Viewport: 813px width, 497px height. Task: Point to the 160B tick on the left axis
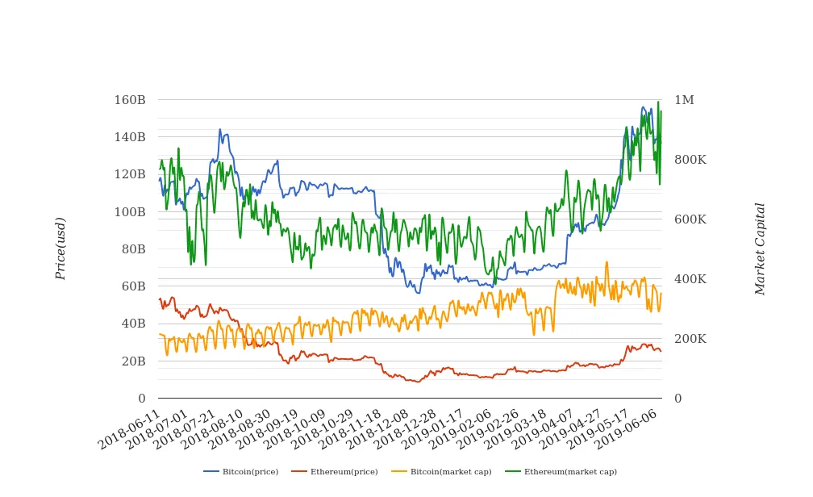pos(129,100)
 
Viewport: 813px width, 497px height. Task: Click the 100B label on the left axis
pos(129,212)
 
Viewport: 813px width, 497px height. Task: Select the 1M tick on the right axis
pos(684,100)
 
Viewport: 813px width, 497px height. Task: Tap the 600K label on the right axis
pos(690,219)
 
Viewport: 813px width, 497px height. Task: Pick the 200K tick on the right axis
pos(690,339)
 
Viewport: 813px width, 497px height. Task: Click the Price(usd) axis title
pos(60,248)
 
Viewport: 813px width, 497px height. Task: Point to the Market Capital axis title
pos(760,248)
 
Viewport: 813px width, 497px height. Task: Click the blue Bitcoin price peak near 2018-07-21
pos(219,129)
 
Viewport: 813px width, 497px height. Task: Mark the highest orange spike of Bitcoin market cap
pos(607,262)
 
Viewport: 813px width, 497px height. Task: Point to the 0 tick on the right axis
pos(678,399)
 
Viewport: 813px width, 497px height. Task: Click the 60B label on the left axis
pos(132,286)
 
